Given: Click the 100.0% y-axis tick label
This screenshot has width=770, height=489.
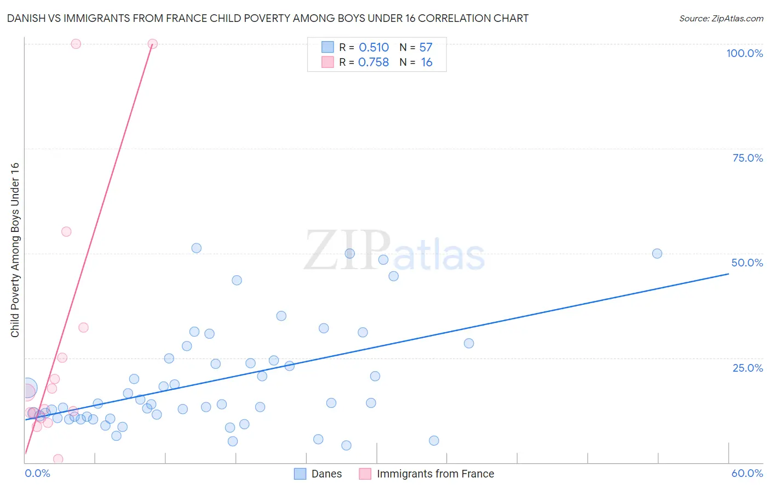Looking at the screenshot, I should (x=744, y=53).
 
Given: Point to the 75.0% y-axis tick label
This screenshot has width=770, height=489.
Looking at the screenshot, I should (x=748, y=158).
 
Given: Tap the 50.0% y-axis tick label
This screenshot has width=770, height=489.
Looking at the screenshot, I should (x=747, y=263).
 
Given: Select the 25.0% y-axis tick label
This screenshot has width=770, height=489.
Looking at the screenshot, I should (x=748, y=367).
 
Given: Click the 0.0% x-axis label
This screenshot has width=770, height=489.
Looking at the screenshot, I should (x=37, y=473).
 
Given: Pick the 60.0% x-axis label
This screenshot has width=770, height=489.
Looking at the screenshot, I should (x=747, y=473).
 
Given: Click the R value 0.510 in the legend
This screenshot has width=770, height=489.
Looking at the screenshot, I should (x=373, y=48).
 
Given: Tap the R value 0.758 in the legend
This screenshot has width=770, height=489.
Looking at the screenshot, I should (x=373, y=62).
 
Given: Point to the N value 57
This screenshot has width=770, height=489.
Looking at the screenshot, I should (x=426, y=48).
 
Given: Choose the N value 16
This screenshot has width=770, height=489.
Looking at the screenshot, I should (x=427, y=62).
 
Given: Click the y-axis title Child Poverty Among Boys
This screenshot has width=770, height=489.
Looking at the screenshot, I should (x=15, y=250).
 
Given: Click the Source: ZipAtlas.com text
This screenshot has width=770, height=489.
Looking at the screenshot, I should (x=721, y=19).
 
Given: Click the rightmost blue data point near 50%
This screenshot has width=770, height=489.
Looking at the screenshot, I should (x=657, y=254).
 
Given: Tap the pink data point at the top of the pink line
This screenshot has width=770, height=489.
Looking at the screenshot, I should (x=153, y=44).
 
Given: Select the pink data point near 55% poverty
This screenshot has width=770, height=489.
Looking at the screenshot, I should (x=66, y=232).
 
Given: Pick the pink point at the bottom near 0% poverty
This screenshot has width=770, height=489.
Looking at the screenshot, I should (x=58, y=459).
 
